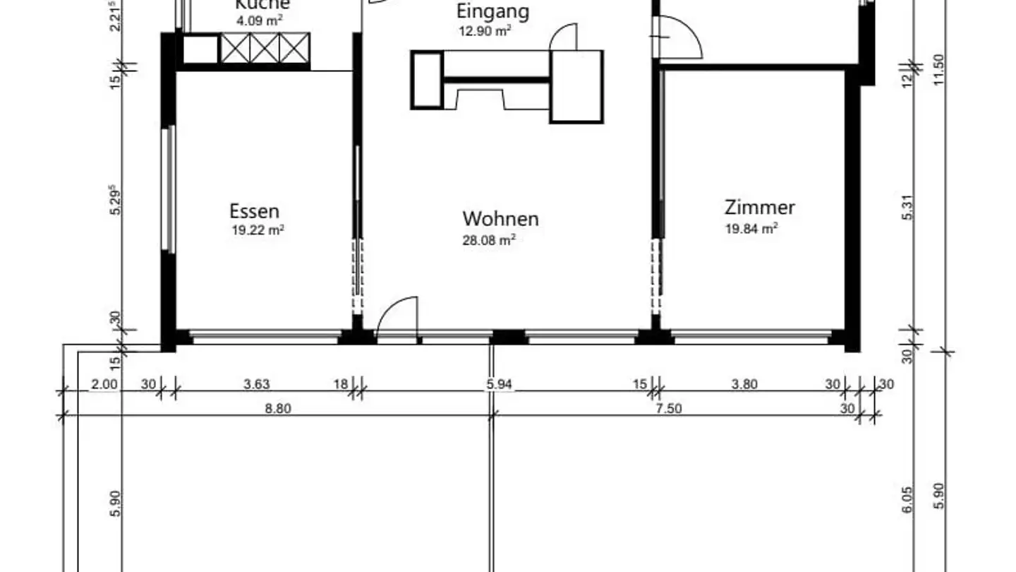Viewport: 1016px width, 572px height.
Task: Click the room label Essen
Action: (x=254, y=210)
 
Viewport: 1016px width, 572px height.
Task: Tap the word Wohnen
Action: (x=500, y=218)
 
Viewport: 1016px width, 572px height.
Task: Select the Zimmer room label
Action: (x=760, y=207)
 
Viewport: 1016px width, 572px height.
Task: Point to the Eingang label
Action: (x=492, y=11)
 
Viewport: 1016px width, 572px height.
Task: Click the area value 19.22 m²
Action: (x=258, y=230)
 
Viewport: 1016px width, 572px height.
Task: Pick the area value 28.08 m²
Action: (x=488, y=240)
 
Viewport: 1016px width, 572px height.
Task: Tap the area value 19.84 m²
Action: (x=751, y=228)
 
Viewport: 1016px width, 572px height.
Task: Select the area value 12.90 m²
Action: (x=484, y=31)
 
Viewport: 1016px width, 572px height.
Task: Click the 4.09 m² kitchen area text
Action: (x=259, y=20)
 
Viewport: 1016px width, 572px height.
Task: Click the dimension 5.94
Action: (x=499, y=384)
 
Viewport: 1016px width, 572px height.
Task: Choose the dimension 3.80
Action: (x=744, y=384)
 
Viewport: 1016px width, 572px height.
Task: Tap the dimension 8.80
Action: (x=279, y=408)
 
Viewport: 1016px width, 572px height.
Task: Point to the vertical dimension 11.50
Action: (x=938, y=68)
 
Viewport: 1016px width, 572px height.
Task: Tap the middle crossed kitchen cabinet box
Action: (x=265, y=48)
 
